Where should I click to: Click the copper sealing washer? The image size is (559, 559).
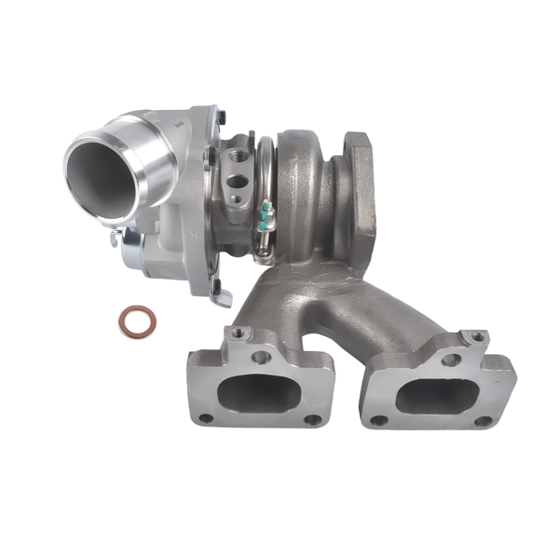[x=136, y=321]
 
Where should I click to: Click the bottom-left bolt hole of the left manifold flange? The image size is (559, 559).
[x=205, y=418]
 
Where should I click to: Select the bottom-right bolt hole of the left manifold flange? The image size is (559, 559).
[x=313, y=420]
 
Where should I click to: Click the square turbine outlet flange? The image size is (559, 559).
[x=359, y=182]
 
